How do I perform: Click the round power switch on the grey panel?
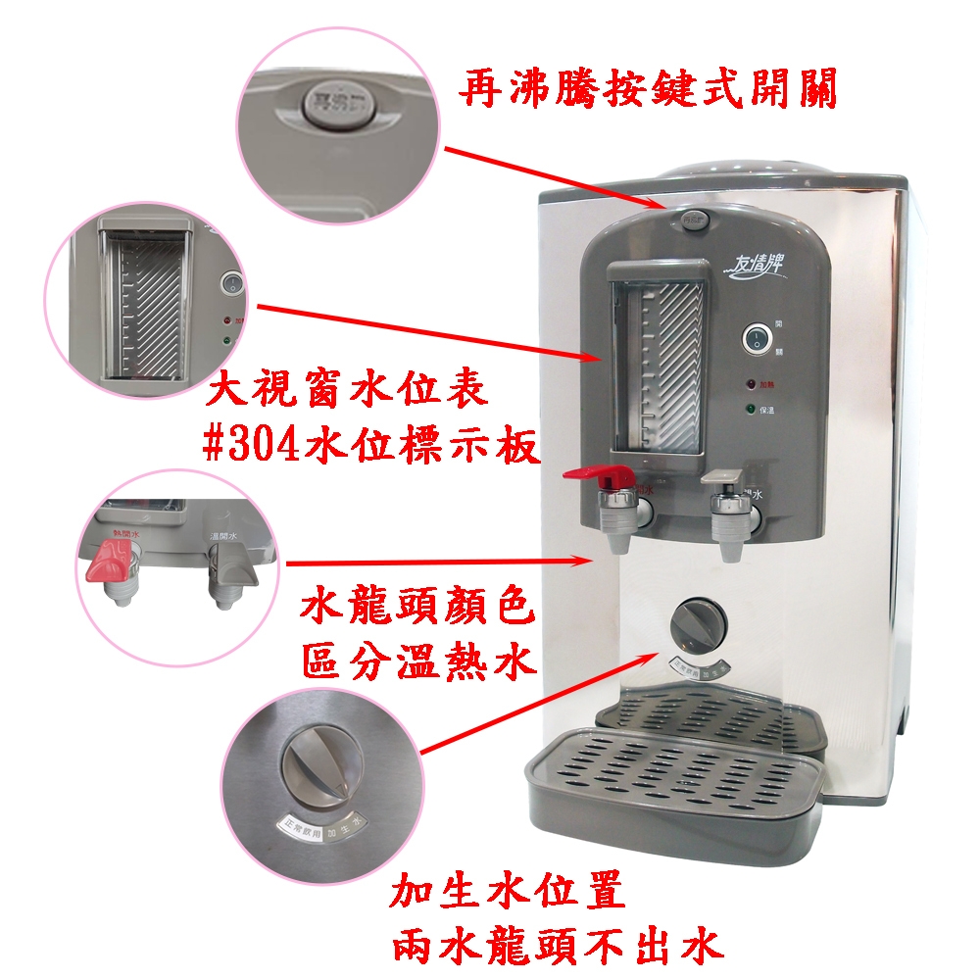(x=756, y=338)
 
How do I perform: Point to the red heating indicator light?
(x=751, y=385)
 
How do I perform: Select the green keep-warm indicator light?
(x=751, y=410)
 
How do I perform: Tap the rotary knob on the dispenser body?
(x=698, y=623)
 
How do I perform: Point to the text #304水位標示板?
(x=369, y=446)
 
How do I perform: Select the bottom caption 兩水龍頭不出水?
(x=557, y=945)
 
